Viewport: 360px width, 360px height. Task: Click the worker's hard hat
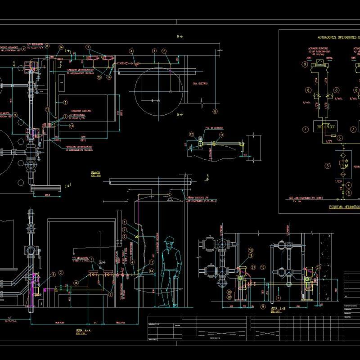click(169, 240)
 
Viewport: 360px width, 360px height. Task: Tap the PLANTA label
click(95, 172)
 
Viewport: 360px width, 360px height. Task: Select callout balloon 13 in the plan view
click(164, 51)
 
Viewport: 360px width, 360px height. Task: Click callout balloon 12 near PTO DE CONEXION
click(191, 134)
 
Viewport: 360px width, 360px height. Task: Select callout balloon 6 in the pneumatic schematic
click(340, 138)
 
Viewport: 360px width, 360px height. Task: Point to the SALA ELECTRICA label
click(198, 84)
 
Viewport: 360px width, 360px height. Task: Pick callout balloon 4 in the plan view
click(131, 51)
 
